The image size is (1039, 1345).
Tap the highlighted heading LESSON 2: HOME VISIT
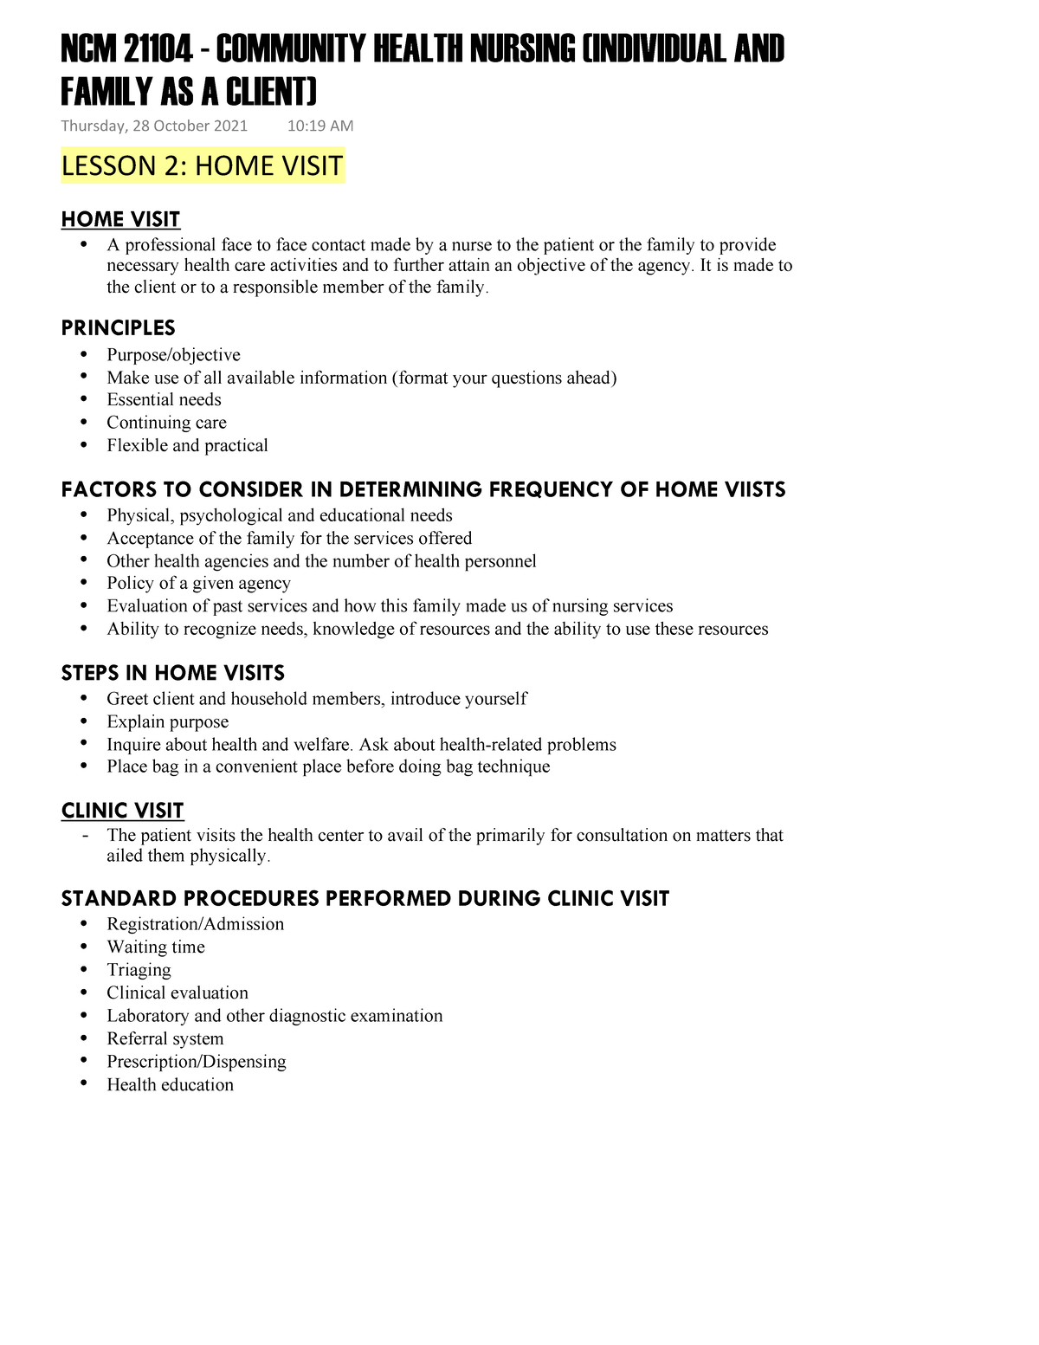click(x=203, y=165)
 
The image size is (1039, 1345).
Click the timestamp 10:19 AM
click(x=319, y=126)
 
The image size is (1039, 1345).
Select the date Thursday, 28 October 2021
click(x=154, y=126)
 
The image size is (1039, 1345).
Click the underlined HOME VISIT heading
click(x=120, y=219)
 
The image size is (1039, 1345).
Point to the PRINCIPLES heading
click(x=118, y=328)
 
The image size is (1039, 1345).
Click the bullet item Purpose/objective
click(x=173, y=355)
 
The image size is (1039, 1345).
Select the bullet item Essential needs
click(x=164, y=399)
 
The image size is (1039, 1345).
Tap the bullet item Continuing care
click(x=166, y=423)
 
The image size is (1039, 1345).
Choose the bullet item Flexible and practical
click(x=187, y=445)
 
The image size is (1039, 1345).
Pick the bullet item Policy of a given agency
click(x=198, y=583)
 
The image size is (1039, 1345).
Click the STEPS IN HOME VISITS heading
click(x=172, y=673)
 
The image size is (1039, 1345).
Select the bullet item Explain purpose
click(x=167, y=721)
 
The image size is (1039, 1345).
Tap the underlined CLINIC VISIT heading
click(x=122, y=811)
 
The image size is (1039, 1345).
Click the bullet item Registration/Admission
click(x=195, y=924)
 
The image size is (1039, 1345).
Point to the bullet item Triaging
click(x=139, y=970)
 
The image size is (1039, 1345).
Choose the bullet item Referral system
click(x=165, y=1038)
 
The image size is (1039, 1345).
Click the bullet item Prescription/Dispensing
click(x=196, y=1062)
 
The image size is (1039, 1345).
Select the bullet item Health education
click(x=170, y=1084)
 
